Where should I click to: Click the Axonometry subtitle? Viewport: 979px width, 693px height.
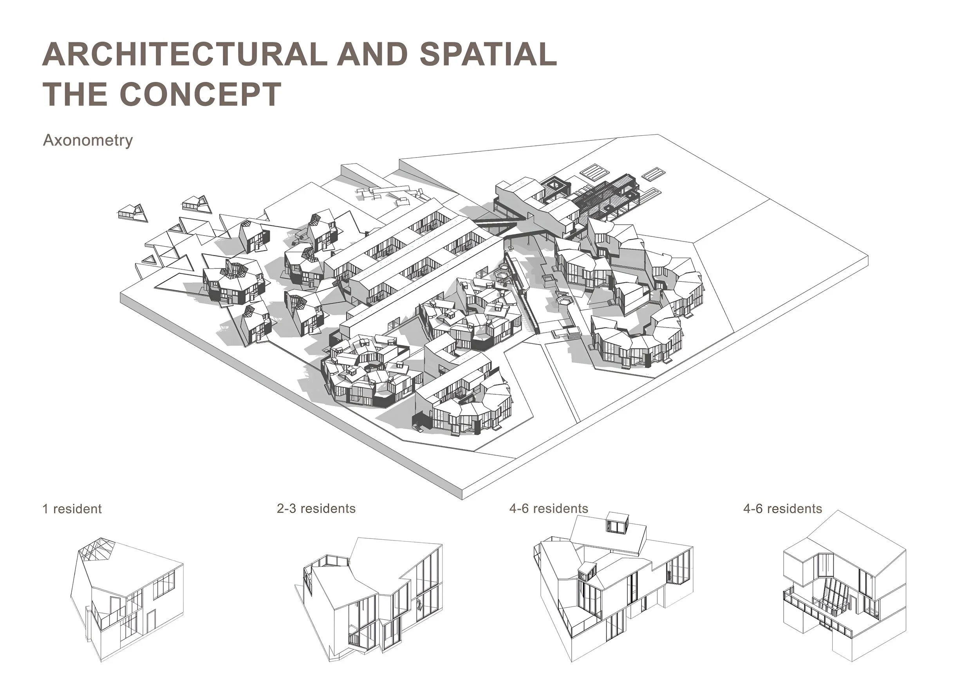(88, 140)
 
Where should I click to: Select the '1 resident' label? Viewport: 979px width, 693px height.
(72, 509)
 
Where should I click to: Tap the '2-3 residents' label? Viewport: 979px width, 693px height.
(316, 508)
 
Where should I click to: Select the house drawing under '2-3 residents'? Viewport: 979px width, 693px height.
(371, 597)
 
